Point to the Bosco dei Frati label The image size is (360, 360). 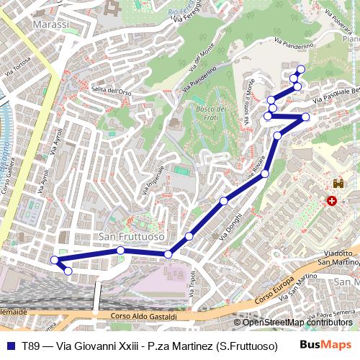(212, 113)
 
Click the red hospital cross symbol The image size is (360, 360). (332, 202)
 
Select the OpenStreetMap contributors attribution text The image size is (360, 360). (297, 322)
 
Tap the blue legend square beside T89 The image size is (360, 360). (10, 346)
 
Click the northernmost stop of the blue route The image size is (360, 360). (300, 69)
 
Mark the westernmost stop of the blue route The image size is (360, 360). (54, 260)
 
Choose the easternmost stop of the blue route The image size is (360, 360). (305, 117)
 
